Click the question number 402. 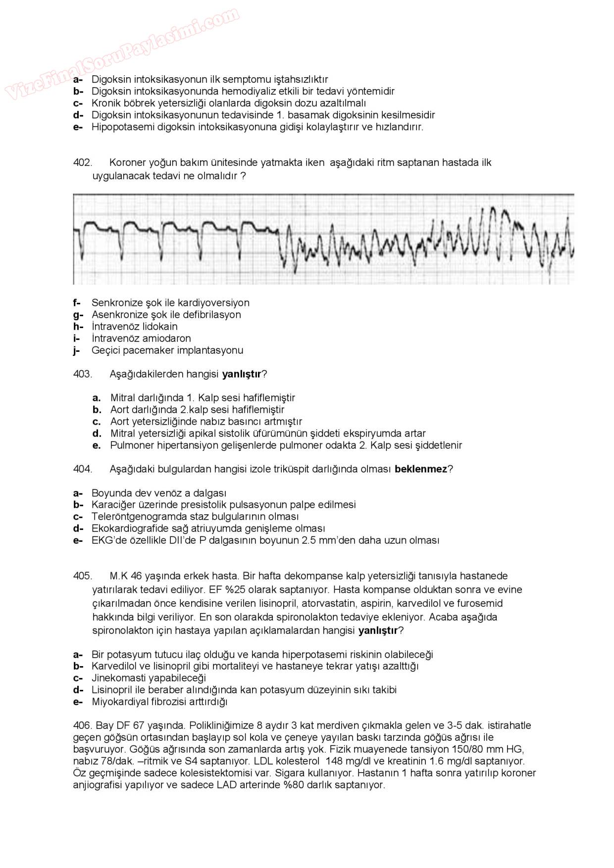(82, 163)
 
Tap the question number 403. (82, 374)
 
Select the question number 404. (82, 469)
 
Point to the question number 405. (82, 576)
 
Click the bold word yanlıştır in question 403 (241, 374)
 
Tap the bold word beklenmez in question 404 (420, 469)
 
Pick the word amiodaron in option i (166, 338)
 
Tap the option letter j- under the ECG (77, 350)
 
